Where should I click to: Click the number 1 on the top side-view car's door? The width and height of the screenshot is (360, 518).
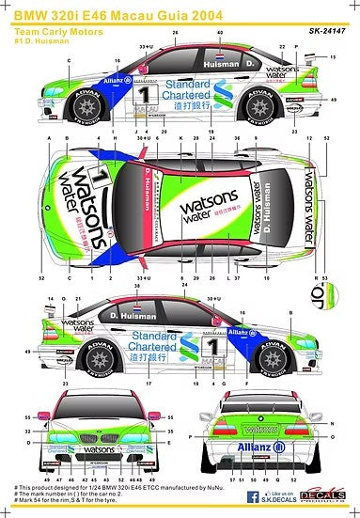click(x=143, y=96)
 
